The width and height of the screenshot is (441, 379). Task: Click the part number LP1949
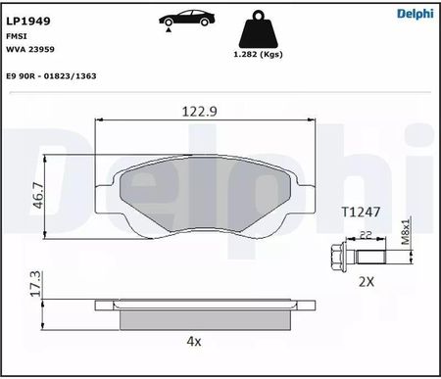pyautogui.click(x=28, y=21)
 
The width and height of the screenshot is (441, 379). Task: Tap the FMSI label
pyautogui.click(x=17, y=36)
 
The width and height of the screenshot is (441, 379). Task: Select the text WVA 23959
pyautogui.click(x=30, y=49)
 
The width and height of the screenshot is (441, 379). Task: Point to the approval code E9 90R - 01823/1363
pyautogui.click(x=51, y=76)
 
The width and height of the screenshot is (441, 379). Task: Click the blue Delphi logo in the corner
pyautogui.click(x=416, y=14)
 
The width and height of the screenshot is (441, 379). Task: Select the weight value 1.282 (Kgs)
pyautogui.click(x=258, y=54)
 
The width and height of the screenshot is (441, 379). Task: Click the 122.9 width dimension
pyautogui.click(x=199, y=112)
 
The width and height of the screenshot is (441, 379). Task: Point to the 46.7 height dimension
pyautogui.click(x=38, y=195)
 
